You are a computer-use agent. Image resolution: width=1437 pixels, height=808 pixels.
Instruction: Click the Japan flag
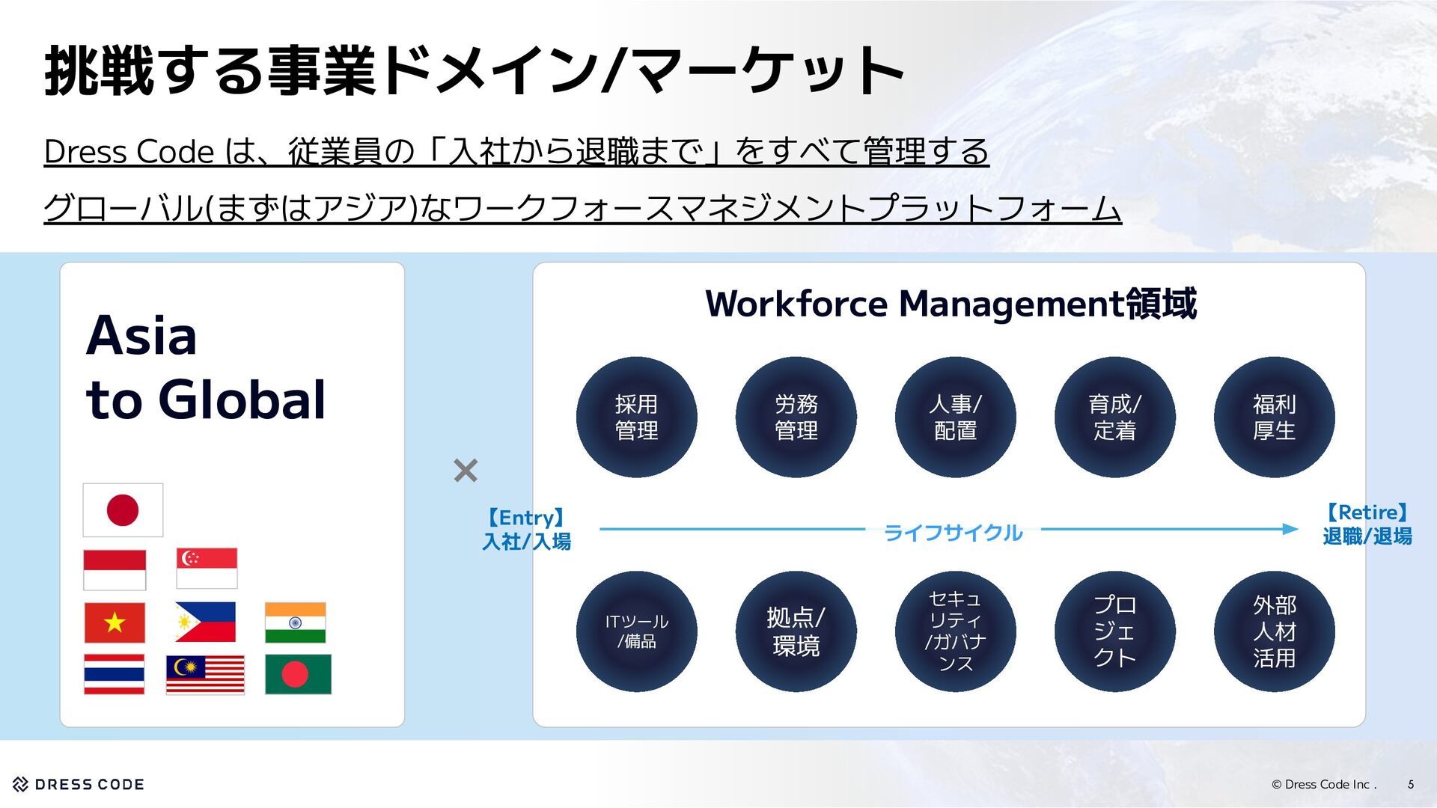[x=123, y=510]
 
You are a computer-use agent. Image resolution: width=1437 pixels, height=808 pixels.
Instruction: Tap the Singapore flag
[x=207, y=568]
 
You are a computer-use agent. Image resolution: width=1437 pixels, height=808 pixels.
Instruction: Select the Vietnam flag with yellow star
[x=115, y=622]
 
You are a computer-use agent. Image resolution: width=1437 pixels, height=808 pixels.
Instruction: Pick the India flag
[x=295, y=622]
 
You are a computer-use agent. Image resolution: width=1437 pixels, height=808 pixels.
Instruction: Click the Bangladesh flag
[x=298, y=674]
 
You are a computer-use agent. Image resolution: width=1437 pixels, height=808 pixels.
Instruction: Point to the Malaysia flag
[x=205, y=674]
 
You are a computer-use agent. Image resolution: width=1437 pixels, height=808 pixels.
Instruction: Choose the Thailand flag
[x=114, y=674]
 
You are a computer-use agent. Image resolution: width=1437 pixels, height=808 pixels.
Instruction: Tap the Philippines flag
[x=205, y=622]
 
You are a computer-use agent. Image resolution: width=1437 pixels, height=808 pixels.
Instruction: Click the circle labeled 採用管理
[x=636, y=417]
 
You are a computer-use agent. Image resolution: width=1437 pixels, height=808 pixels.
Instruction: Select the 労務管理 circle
[x=796, y=417]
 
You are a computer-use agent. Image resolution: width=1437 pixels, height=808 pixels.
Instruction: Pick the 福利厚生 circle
[x=1274, y=417]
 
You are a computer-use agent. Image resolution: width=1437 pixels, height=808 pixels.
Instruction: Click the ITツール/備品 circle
[x=636, y=631]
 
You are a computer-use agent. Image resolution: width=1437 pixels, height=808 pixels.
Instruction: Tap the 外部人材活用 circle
[x=1274, y=631]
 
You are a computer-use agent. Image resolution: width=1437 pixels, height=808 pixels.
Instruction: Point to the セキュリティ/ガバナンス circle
[x=955, y=631]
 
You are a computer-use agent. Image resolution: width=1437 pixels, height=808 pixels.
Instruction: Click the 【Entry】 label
[x=526, y=518]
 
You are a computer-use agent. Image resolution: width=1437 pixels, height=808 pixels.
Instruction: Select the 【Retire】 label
[x=1367, y=512]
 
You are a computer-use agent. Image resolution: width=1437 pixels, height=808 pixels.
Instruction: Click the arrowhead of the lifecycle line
[x=1290, y=529]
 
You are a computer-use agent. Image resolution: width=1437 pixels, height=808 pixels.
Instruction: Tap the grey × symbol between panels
[x=466, y=471]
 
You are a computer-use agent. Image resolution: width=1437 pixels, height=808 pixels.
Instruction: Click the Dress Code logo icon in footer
[x=21, y=784]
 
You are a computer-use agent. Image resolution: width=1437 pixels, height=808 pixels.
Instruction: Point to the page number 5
[x=1411, y=784]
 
